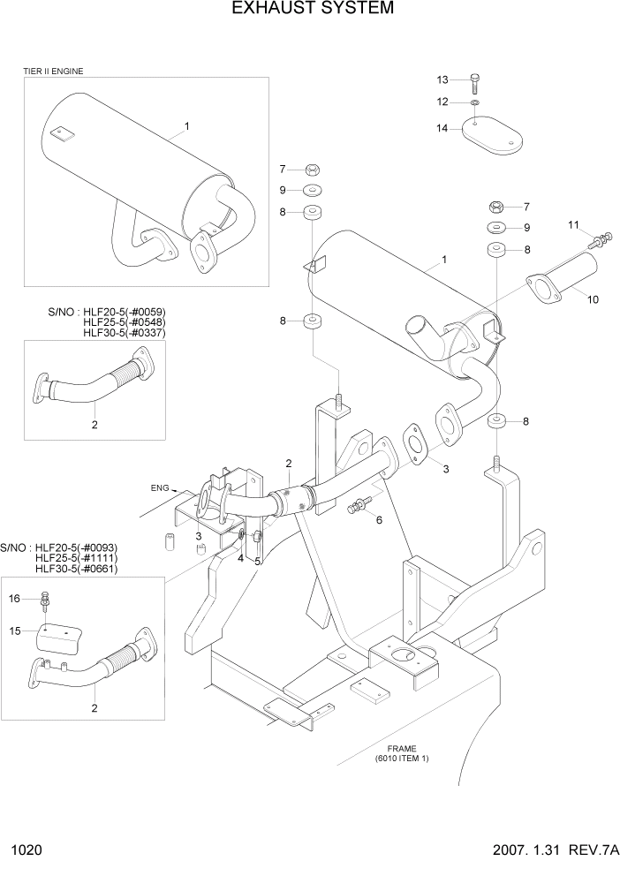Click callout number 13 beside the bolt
coord(443,80)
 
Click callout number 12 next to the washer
coord(443,102)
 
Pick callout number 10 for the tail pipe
coord(593,299)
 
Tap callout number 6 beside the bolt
coord(379,520)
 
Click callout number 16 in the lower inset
coord(14,599)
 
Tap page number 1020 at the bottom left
coord(26,852)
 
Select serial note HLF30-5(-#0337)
coord(124,333)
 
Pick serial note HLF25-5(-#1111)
coord(76,558)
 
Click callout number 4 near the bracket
coord(239,559)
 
